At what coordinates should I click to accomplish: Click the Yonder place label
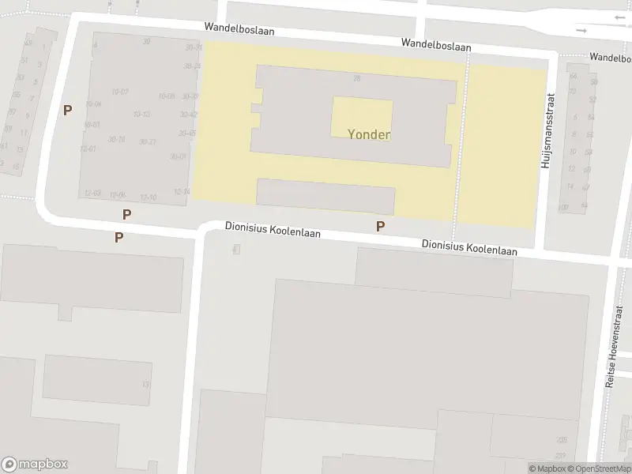pos(369,134)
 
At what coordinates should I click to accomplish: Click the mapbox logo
pos(35,465)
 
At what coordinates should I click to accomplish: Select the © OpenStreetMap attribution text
pos(596,468)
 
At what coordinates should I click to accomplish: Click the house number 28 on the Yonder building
pos(357,78)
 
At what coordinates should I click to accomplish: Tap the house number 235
pos(562,441)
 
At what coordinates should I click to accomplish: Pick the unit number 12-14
pos(182,191)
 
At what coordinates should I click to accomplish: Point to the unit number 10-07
pos(120,92)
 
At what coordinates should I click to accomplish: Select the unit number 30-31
pos(193,47)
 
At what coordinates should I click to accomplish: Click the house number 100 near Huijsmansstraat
pos(563,208)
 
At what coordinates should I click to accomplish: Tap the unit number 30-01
pos(179,156)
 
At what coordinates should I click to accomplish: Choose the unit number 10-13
pos(141,115)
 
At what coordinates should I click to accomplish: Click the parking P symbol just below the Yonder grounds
pos(380,227)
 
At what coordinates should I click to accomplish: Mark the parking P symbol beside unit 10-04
pos(68,111)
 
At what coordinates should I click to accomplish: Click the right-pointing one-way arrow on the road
pos(582,31)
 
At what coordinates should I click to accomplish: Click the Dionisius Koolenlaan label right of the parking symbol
pos(469,248)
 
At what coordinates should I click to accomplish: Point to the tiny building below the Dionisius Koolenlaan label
pos(235,249)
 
